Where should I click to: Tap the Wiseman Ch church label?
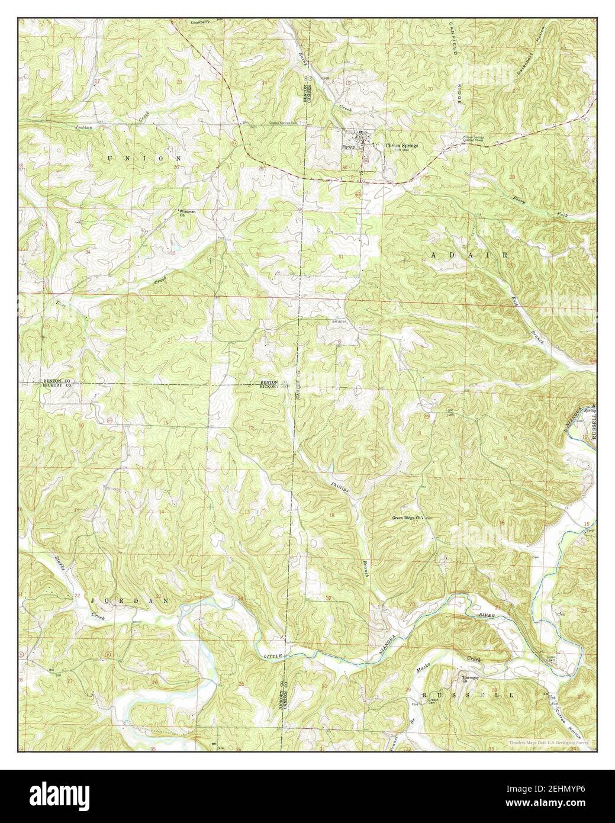pos(187,212)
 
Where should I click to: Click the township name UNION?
pos(145,159)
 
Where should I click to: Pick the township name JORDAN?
pos(130,600)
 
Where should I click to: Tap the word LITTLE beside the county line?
pos(272,656)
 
